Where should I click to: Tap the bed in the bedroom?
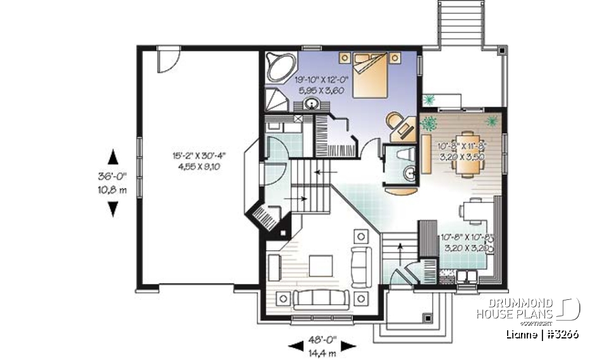click(x=369, y=73)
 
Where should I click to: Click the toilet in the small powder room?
click(x=404, y=154)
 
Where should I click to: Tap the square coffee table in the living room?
click(x=319, y=264)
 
